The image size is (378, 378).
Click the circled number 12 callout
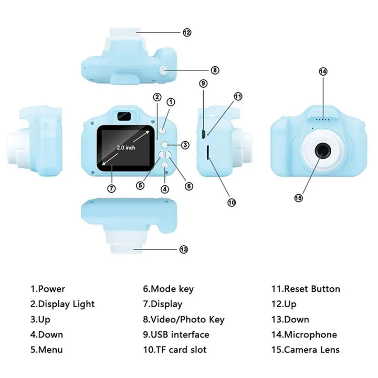187,32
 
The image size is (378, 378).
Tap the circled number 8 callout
199,69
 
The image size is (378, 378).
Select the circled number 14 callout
323,71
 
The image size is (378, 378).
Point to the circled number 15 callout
298,197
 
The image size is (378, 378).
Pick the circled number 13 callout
184,249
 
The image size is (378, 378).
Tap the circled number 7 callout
111,188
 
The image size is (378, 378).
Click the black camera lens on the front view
321,152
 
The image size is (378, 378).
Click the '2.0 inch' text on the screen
126,148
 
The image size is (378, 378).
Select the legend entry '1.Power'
47,289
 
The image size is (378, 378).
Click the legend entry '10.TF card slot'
175,350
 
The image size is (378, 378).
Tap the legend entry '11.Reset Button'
305,289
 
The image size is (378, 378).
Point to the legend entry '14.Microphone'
303,334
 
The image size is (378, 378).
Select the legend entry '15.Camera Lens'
305,350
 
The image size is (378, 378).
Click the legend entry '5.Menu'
46,350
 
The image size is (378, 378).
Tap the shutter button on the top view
164,69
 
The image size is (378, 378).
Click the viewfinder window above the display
123,114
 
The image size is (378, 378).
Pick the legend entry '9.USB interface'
176,334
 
